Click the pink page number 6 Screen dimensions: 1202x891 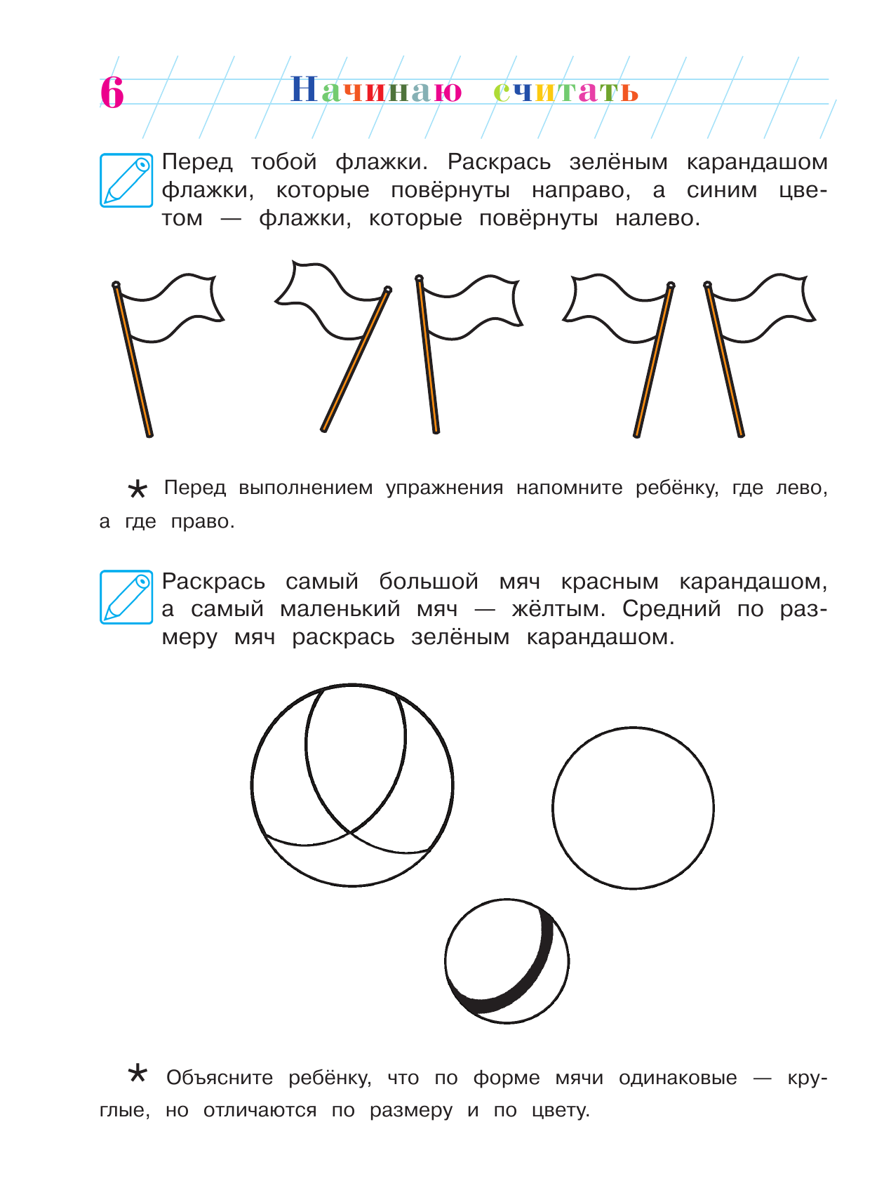tap(112, 92)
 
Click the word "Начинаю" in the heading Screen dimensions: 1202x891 tap(376, 91)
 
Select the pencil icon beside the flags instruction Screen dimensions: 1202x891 tap(126, 180)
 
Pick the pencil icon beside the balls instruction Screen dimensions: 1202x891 tap(126, 597)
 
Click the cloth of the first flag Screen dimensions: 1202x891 tap(172, 309)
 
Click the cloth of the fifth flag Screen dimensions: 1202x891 tap(765, 309)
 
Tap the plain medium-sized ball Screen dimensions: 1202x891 tap(633, 808)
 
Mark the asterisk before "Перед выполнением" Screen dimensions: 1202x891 tap(138, 489)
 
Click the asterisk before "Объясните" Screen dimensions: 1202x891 tap(138, 1074)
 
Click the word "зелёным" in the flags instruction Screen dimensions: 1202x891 tap(618, 162)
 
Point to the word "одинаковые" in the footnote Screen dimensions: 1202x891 tap(678, 1078)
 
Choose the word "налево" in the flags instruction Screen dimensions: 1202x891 tap(657, 218)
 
